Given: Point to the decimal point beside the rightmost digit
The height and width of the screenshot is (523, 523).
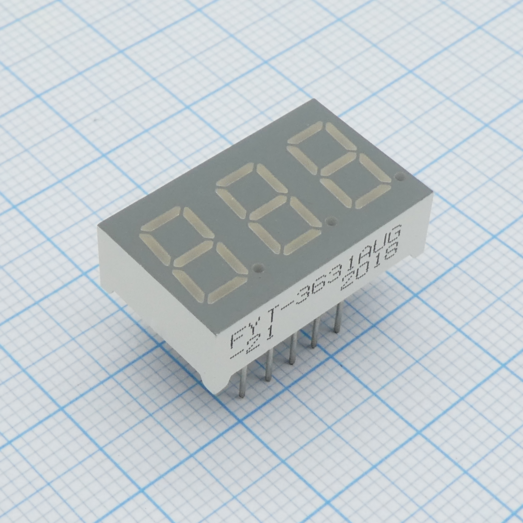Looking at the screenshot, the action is pos(400,177).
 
